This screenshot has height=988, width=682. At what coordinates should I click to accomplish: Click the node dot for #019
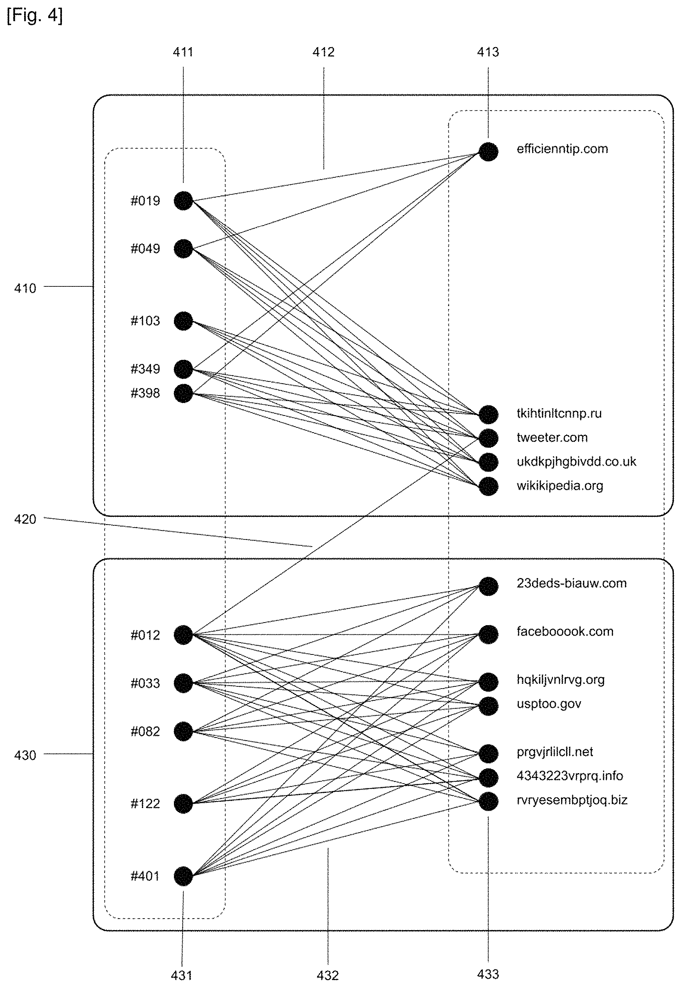click(x=183, y=200)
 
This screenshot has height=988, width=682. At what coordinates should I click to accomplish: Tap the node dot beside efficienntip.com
click(x=488, y=151)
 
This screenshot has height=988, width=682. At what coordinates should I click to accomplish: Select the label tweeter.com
click(x=552, y=437)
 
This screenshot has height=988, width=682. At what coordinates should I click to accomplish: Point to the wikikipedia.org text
click(x=560, y=486)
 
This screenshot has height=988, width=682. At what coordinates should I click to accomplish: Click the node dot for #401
click(x=183, y=876)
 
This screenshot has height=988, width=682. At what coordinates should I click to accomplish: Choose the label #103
click(x=145, y=321)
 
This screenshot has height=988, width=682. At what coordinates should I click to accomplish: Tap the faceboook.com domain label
click(x=565, y=631)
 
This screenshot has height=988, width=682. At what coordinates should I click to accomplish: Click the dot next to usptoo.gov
click(x=488, y=706)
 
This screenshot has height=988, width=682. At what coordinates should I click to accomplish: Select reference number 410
click(x=25, y=288)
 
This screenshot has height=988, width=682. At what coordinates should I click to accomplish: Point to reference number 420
click(x=25, y=519)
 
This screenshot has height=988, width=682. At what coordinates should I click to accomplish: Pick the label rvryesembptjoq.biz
click(x=572, y=800)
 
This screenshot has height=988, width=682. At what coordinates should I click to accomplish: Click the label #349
click(x=145, y=369)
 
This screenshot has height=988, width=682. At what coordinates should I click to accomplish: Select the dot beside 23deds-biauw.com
click(x=488, y=586)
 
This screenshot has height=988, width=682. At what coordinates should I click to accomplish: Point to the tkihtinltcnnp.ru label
click(x=559, y=413)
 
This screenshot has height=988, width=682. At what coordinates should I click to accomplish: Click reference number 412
click(x=323, y=52)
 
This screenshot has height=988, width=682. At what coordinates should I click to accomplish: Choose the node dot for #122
click(x=183, y=804)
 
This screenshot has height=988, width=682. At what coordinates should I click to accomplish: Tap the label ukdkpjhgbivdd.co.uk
click(x=576, y=462)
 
